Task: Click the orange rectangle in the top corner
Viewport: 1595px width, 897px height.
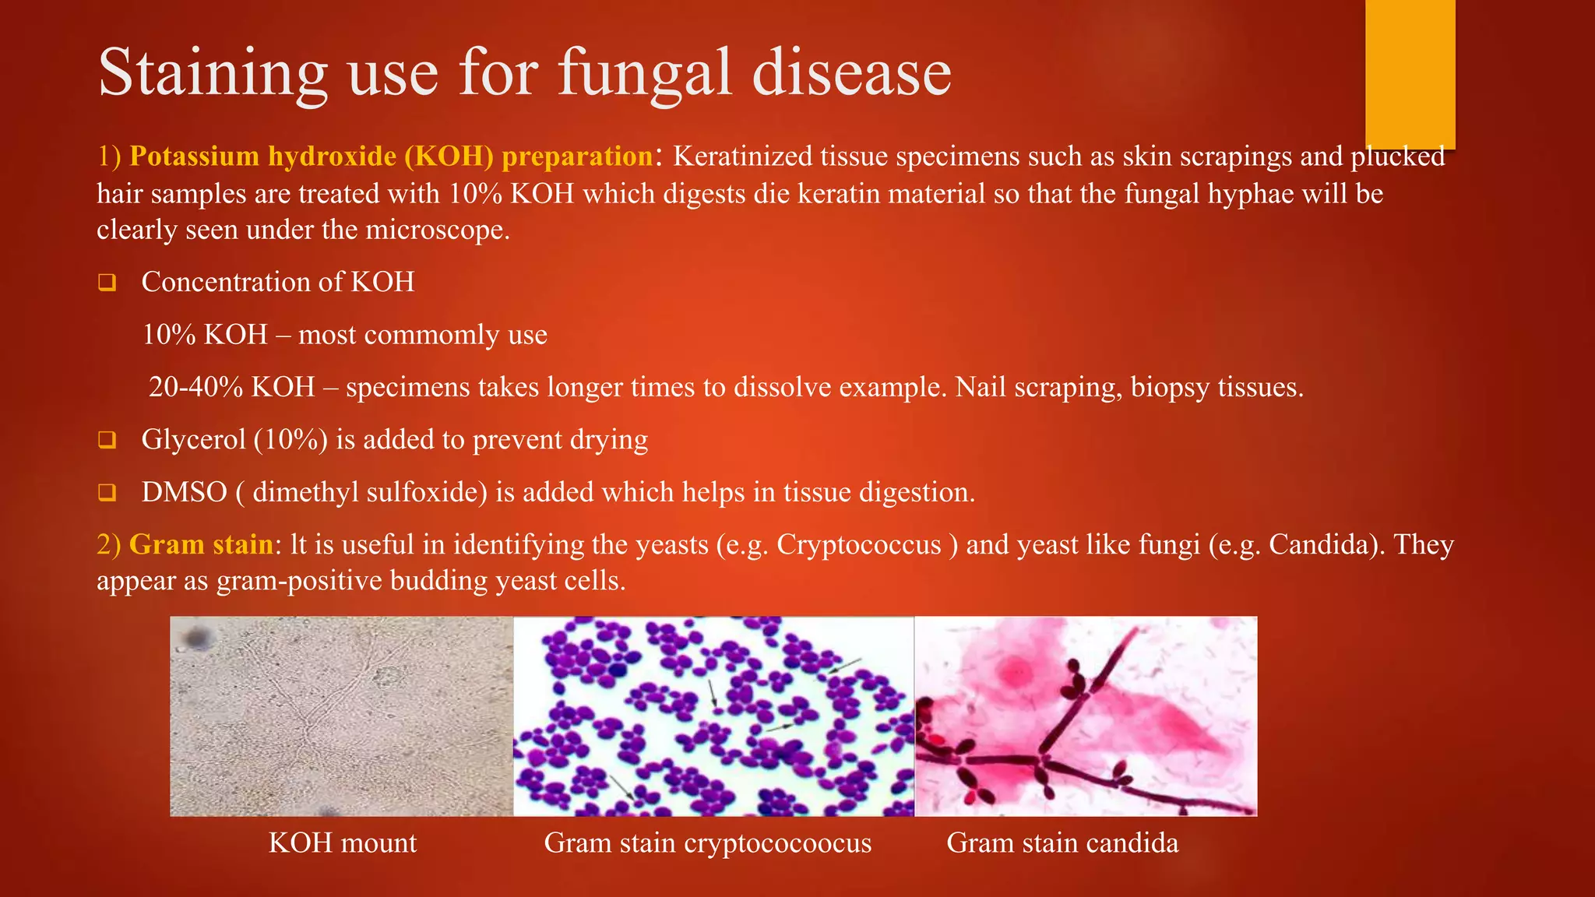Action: (x=1410, y=74)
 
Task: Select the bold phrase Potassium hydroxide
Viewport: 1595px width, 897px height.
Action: (x=262, y=157)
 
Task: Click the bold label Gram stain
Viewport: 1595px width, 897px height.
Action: (x=201, y=544)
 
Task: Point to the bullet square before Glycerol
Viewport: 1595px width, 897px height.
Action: (x=107, y=441)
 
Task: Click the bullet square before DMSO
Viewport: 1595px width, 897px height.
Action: (x=107, y=493)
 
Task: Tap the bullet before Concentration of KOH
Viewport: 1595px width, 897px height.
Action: (x=107, y=283)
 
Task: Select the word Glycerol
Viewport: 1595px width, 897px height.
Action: (x=193, y=440)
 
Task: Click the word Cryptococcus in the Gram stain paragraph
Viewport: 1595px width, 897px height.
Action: (x=858, y=544)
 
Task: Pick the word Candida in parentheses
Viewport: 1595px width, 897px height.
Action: (x=1319, y=544)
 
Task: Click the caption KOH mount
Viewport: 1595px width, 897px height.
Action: (x=342, y=843)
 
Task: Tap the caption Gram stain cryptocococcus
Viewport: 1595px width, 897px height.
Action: (x=707, y=843)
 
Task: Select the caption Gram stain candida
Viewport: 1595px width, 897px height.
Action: (x=1062, y=843)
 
